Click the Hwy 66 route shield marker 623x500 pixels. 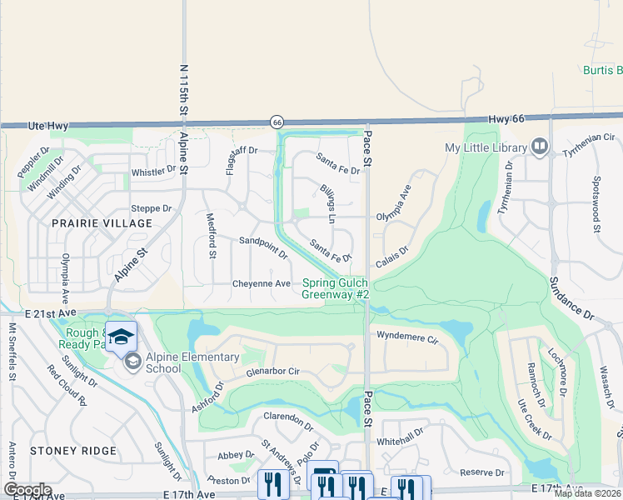coord(277,122)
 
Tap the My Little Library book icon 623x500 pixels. coord(540,147)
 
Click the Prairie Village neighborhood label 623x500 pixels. coord(91,223)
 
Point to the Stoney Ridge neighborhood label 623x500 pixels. coord(73,450)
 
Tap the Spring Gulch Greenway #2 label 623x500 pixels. coord(335,288)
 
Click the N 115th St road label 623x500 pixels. coord(184,94)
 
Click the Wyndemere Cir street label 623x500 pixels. coord(407,339)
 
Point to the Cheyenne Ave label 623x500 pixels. coord(261,283)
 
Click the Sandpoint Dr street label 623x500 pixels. coord(262,247)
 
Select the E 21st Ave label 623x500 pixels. coord(50,312)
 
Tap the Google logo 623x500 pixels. coord(27,489)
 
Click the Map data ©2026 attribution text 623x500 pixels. coord(586,493)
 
